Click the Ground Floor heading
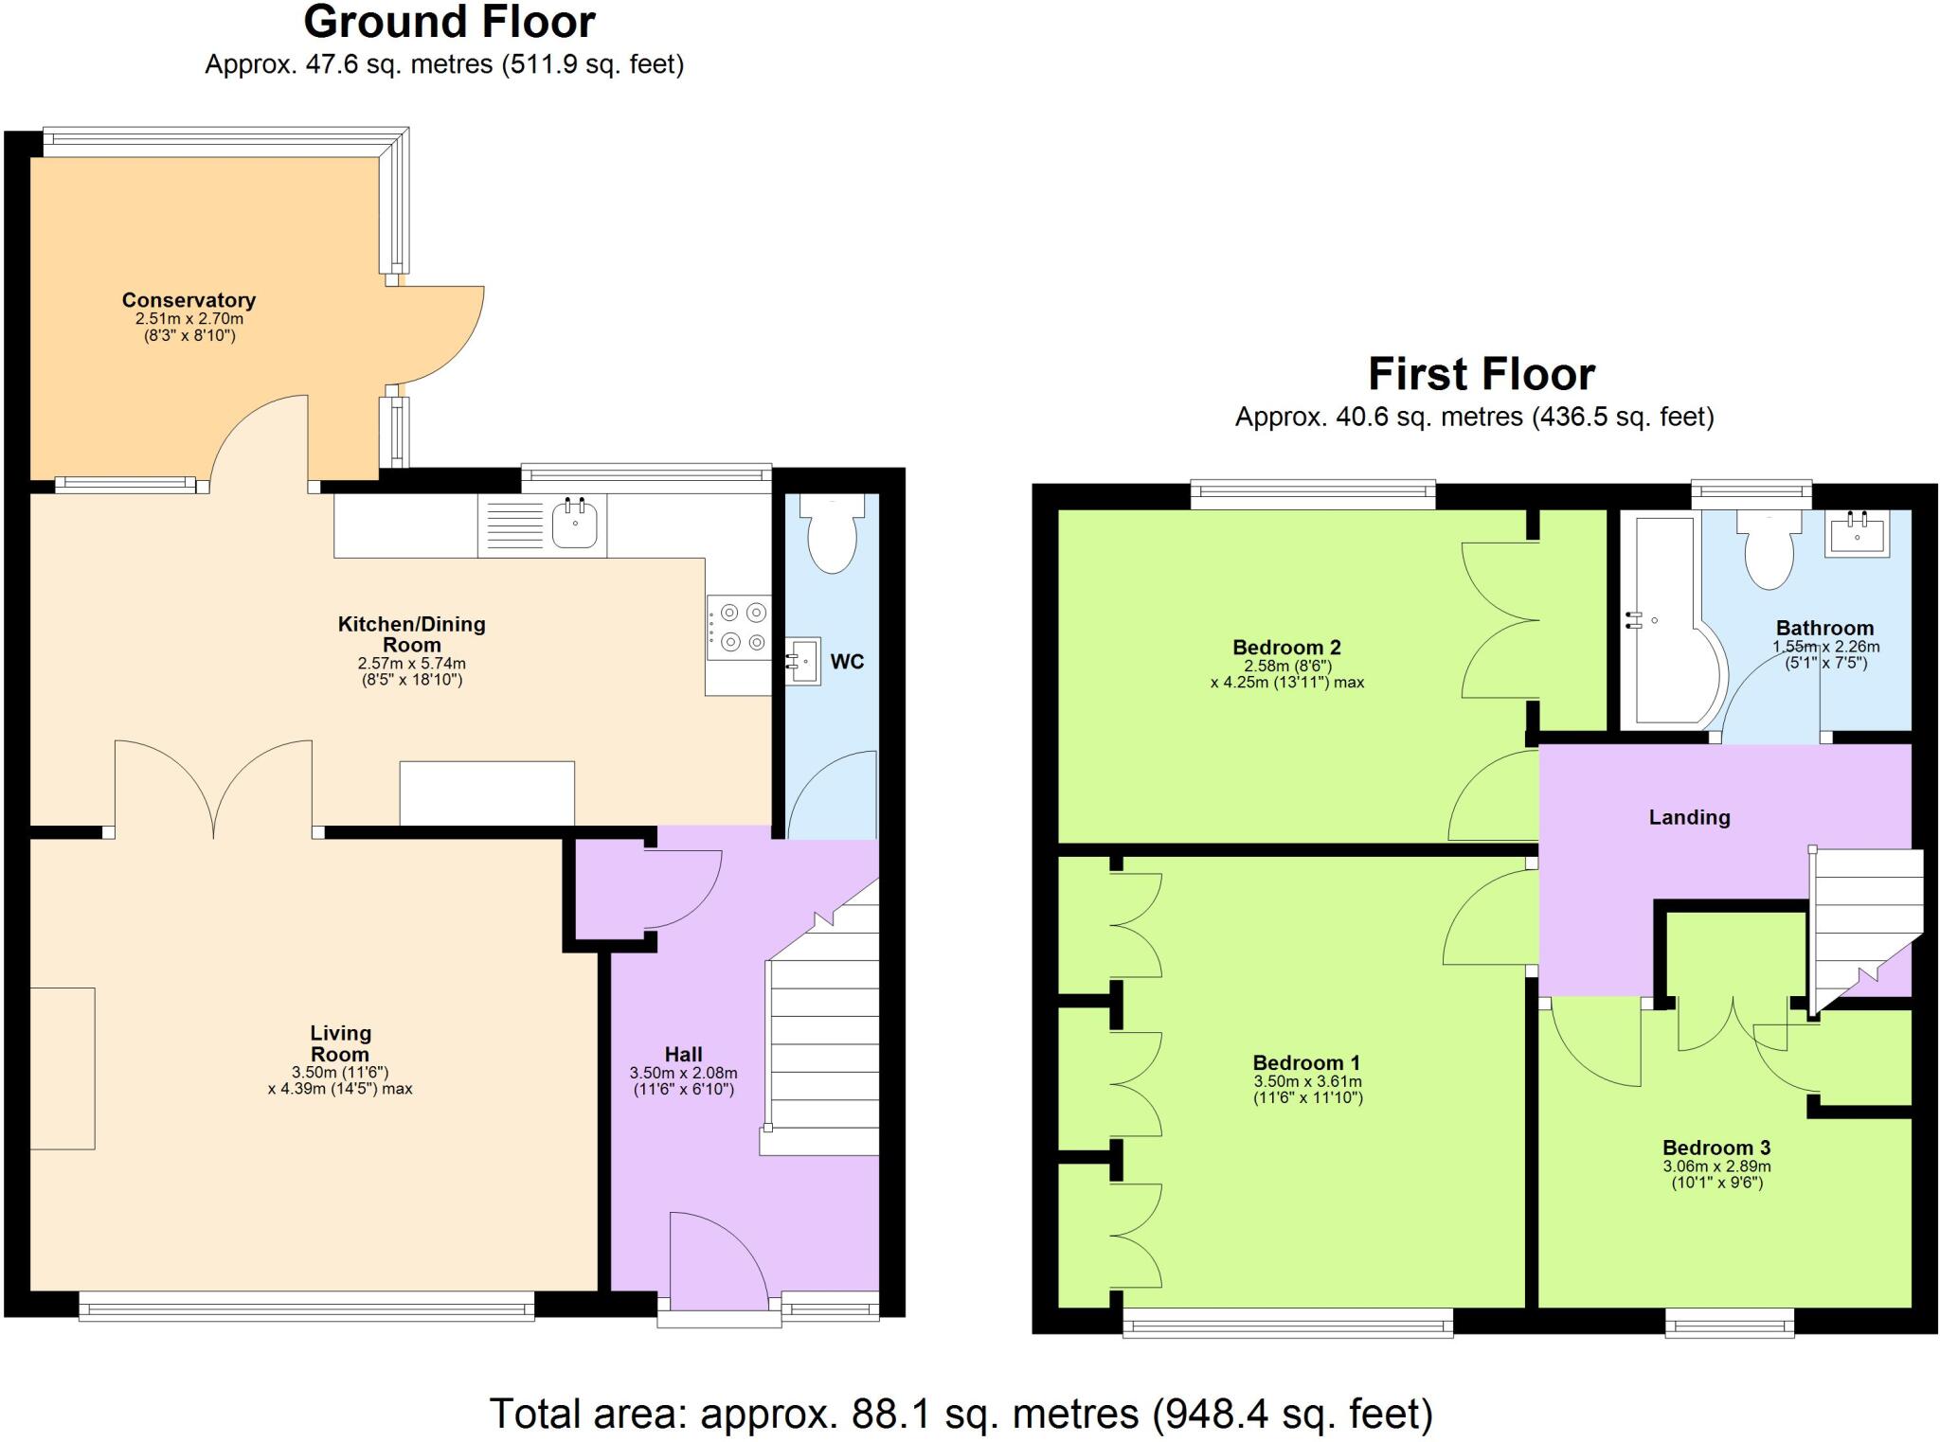point(449,23)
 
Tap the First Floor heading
point(1481,374)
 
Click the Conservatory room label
point(189,300)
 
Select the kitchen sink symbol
point(575,525)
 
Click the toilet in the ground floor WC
point(832,536)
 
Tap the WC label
point(847,662)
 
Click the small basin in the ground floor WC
point(803,660)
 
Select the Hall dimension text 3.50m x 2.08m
point(683,1073)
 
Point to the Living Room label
point(340,1043)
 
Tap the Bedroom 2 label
point(1286,648)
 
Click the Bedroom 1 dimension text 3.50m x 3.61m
point(1307,1081)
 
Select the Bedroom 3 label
point(1716,1148)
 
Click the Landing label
point(1689,817)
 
